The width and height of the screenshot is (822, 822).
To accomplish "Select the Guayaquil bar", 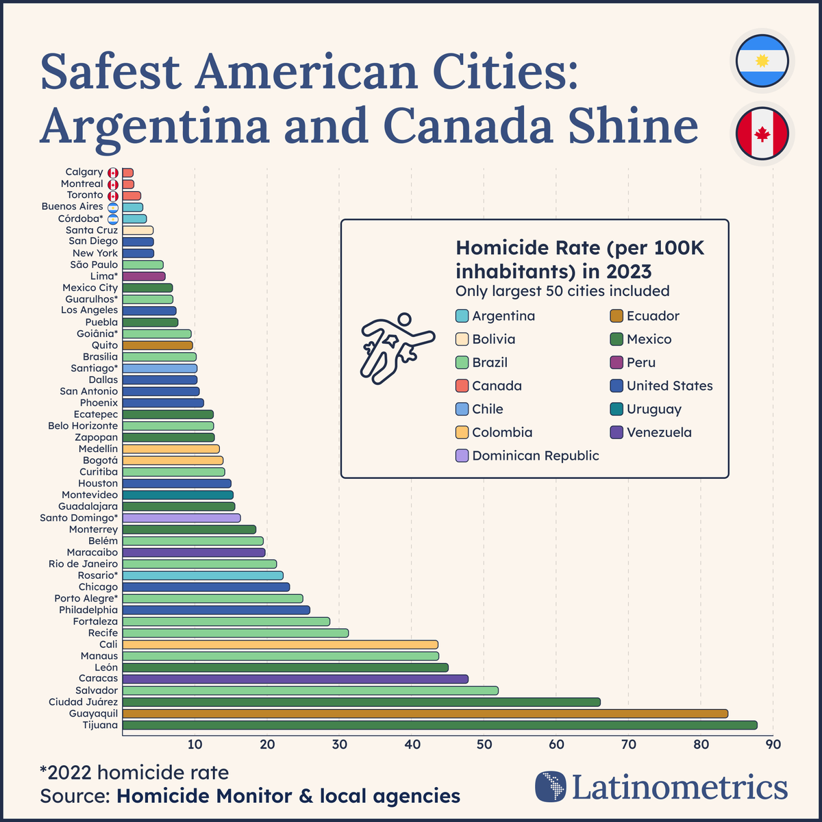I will (x=425, y=713).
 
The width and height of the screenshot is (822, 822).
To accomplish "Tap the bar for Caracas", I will (x=295, y=679).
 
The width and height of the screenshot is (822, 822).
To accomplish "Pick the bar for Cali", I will (x=280, y=644).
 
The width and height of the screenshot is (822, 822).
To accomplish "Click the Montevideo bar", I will (x=178, y=495).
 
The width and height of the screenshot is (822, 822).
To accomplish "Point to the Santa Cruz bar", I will (x=138, y=230).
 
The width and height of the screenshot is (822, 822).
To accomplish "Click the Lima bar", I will (x=144, y=276).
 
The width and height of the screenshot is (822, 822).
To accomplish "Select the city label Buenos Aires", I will (x=72, y=206).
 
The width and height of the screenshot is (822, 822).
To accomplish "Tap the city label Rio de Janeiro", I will (x=83, y=564).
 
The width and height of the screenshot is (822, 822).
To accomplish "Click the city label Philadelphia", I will (x=88, y=610).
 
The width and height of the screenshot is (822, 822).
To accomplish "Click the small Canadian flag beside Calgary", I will (x=113, y=173).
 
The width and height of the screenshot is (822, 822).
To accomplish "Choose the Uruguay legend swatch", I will (x=616, y=409).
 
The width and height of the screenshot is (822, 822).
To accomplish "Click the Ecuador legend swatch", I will (x=616, y=316).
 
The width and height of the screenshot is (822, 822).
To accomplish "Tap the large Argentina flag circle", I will (x=762, y=61).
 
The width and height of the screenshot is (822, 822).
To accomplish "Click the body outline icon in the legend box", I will (x=396, y=346).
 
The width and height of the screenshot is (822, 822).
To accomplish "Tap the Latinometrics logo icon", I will (x=551, y=787).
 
